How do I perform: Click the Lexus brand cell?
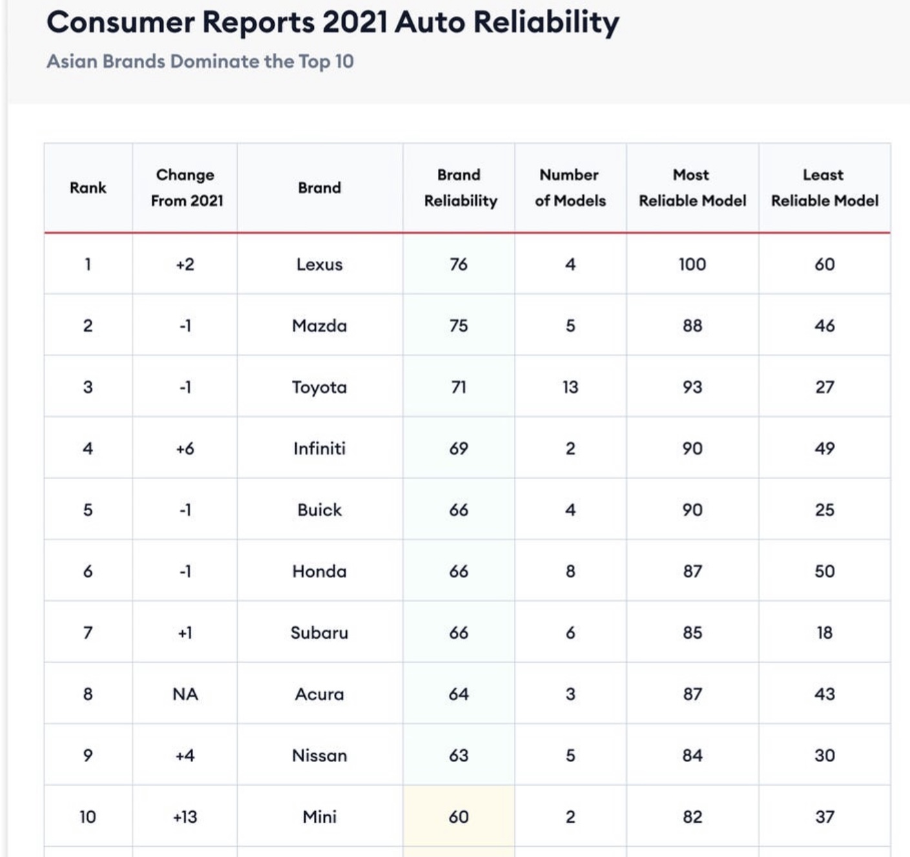(x=319, y=264)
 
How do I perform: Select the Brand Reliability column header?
(x=460, y=188)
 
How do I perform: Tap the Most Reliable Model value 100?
(x=692, y=264)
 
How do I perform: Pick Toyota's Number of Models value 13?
(x=570, y=387)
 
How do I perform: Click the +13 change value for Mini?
(x=185, y=817)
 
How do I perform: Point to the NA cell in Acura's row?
(x=185, y=694)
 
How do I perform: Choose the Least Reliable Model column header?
(x=824, y=188)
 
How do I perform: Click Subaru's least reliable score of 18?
(x=824, y=632)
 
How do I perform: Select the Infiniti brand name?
(x=319, y=448)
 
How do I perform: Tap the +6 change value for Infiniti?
(x=185, y=448)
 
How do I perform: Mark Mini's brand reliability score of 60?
(x=459, y=817)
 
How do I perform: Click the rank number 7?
(x=88, y=632)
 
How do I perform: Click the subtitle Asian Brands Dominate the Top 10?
(x=200, y=61)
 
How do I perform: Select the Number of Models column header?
(x=570, y=188)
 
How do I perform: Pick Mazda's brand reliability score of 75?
(x=459, y=326)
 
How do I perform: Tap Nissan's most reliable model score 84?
(x=692, y=755)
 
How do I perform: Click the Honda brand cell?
(x=319, y=571)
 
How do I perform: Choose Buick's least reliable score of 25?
(x=824, y=510)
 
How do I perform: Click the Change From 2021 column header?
(x=187, y=188)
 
